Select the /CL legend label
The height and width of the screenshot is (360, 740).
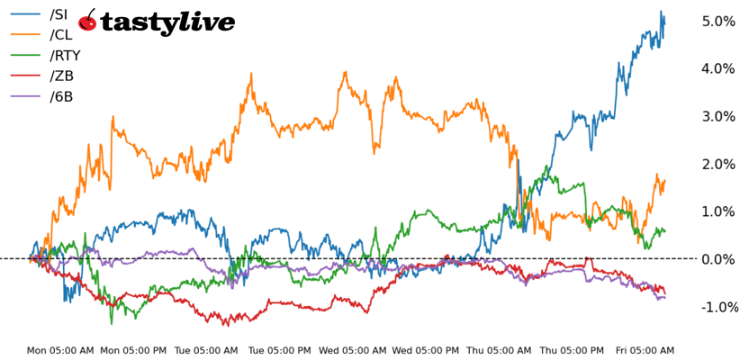tap(61, 35)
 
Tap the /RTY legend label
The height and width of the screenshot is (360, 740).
tap(65, 56)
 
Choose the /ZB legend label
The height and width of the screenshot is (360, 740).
tap(61, 76)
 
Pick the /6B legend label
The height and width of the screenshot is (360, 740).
tap(61, 97)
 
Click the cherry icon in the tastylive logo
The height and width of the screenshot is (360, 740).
tap(88, 21)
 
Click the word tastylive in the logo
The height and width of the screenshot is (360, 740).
tap(167, 23)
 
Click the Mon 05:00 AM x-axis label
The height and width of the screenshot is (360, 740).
tap(60, 350)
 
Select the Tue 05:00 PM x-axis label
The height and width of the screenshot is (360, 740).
tap(281, 350)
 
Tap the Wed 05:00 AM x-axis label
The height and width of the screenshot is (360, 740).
tap(354, 350)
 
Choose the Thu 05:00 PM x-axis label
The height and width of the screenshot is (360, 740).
tap(573, 350)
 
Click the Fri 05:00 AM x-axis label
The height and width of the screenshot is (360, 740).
tap(644, 350)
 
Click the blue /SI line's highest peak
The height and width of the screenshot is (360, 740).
tap(661, 12)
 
